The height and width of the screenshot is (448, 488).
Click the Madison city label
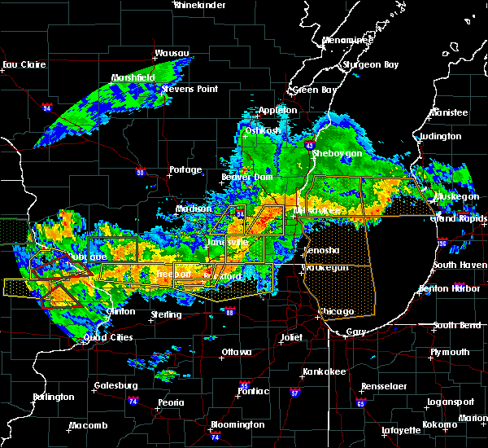(x=194, y=209)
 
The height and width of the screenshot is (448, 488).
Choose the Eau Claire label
(x=21, y=64)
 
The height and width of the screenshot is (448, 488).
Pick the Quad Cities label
(x=108, y=338)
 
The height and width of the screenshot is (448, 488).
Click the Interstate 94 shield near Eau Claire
(x=47, y=107)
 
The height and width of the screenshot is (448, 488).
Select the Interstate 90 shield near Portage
(x=141, y=172)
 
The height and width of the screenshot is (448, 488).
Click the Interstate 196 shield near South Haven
(x=462, y=242)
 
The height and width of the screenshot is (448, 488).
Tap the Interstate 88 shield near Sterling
(x=230, y=311)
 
